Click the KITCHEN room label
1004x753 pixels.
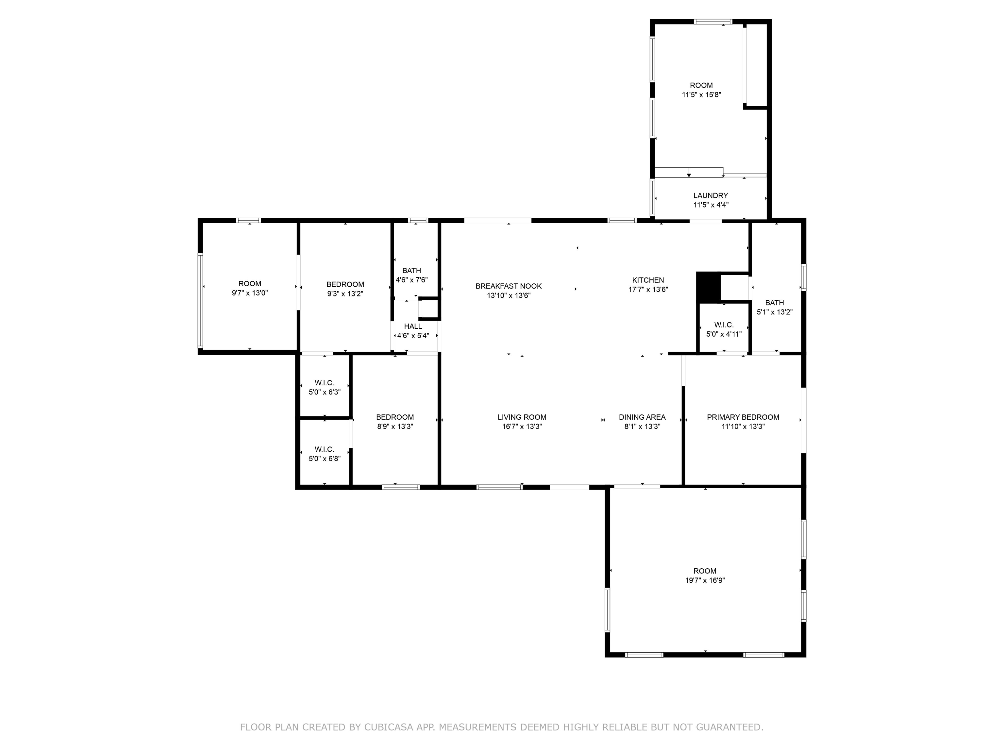coord(648,280)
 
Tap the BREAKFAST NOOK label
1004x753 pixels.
coord(508,286)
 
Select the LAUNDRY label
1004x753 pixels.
coord(710,196)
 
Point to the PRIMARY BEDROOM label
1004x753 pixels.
coord(743,417)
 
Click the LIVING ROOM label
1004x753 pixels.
coord(522,417)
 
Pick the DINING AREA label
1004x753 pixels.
coord(642,417)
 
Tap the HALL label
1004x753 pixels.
coord(413,326)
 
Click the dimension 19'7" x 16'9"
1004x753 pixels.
coord(705,580)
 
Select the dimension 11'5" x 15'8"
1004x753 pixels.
coord(701,95)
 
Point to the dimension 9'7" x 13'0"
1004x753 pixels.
coord(250,293)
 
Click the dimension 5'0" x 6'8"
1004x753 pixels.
coord(325,459)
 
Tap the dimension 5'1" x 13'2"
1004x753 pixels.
coord(774,312)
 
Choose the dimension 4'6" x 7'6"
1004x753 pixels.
coord(412,280)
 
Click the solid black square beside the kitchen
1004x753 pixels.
coord(708,287)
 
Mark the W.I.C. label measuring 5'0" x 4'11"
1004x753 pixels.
coord(724,325)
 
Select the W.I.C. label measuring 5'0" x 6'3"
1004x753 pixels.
coord(325,383)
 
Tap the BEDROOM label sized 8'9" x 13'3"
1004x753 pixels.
coord(395,417)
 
